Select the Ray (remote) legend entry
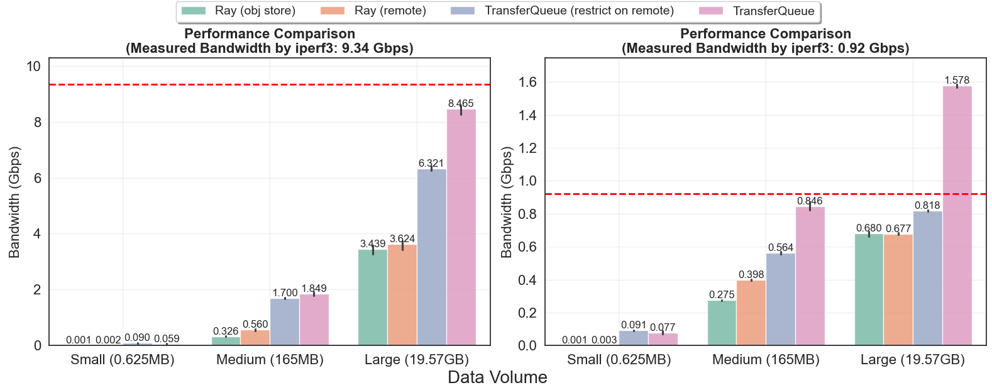[374, 11]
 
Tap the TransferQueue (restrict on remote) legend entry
[563, 11]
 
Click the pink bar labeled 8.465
[461, 226]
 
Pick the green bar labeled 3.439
[373, 297]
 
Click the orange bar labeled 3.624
[402, 294]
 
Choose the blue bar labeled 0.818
[928, 278]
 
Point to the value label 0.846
[810, 201]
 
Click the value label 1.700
[285, 293]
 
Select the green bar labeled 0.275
[722, 323]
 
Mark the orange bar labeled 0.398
[751, 313]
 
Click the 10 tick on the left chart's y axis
[34, 67]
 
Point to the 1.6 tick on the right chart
[528, 82]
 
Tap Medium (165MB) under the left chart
[270, 360]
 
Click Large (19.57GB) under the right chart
[912, 360]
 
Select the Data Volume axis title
[497, 377]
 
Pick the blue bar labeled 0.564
[781, 299]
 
